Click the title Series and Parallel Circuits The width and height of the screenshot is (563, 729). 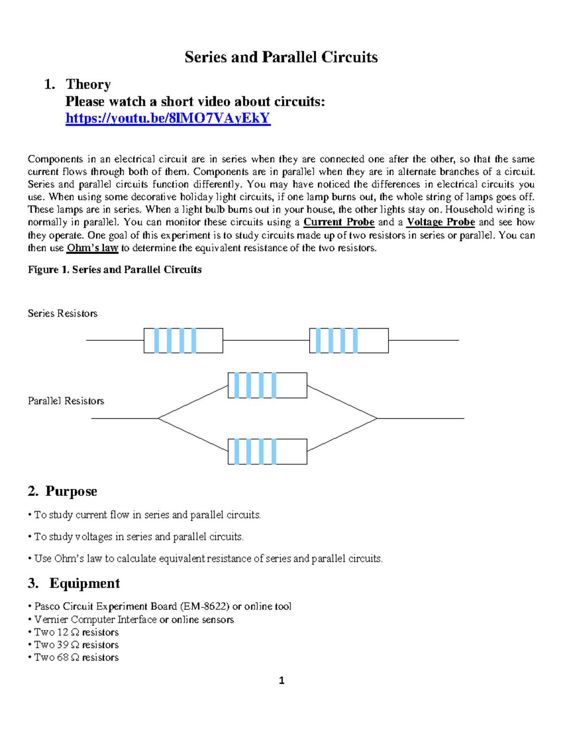281,57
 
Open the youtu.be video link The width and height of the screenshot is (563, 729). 168,118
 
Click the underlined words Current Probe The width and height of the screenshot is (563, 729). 339,222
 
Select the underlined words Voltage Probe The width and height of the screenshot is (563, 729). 441,222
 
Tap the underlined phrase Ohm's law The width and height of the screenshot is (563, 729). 92,248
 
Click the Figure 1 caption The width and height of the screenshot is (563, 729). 115,269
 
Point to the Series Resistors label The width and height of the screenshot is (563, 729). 62,313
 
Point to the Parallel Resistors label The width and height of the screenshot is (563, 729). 66,401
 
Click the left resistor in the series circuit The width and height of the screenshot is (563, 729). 183,340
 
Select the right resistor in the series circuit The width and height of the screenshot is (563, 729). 349,340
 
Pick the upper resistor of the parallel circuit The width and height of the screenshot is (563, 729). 267,385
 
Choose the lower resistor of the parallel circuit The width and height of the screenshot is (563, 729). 267,452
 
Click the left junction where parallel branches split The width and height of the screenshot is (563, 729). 159,418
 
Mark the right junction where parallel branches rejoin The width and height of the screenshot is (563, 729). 377,418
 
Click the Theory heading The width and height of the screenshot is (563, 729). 88,84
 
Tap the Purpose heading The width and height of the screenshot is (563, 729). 71,491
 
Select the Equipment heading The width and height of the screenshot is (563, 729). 84,583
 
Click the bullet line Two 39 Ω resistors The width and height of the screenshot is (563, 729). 76,645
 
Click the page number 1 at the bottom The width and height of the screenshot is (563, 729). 281,681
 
